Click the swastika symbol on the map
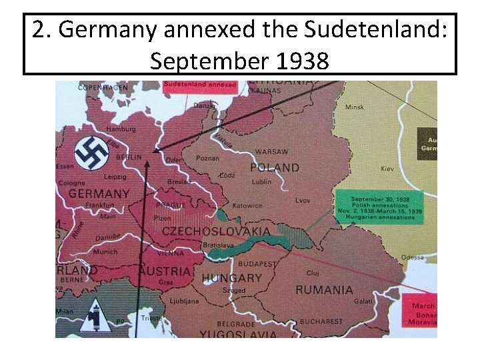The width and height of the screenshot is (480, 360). point(92,153)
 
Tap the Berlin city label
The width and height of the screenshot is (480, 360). point(129,157)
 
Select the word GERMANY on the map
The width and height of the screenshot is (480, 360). point(99,194)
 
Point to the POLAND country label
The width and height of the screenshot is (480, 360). point(275,167)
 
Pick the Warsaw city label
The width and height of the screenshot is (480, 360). point(271,151)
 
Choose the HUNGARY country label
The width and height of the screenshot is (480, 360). point(231,277)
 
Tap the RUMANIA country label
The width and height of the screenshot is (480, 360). point(324,290)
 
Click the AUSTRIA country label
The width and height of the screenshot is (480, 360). point(165,272)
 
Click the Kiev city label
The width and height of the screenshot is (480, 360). point(387,169)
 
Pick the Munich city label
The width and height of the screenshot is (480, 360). point(105,252)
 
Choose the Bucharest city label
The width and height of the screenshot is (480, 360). point(321,321)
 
